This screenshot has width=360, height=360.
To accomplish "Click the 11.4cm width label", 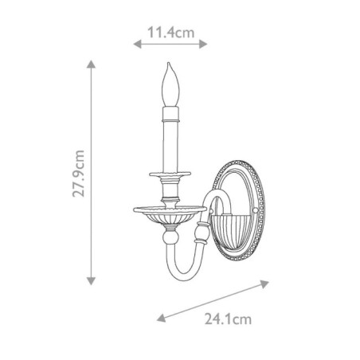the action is pyautogui.click(x=170, y=33).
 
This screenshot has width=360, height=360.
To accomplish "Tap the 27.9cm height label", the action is pyautogui.click(x=79, y=174).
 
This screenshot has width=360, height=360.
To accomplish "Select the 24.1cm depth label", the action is pyautogui.click(x=228, y=319).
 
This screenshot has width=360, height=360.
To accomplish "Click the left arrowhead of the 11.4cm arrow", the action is pyautogui.click(x=137, y=44).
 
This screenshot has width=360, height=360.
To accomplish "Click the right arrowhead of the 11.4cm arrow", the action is pyautogui.click(x=203, y=44).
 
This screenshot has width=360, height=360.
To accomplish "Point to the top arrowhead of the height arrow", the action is pyautogui.click(x=91, y=65).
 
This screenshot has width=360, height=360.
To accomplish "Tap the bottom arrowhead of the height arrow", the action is pyautogui.click(x=91, y=281).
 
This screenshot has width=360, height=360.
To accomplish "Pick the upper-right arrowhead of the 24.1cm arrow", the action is pyautogui.click(x=264, y=284).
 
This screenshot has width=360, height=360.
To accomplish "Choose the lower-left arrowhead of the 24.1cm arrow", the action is pyautogui.click(x=161, y=318).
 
